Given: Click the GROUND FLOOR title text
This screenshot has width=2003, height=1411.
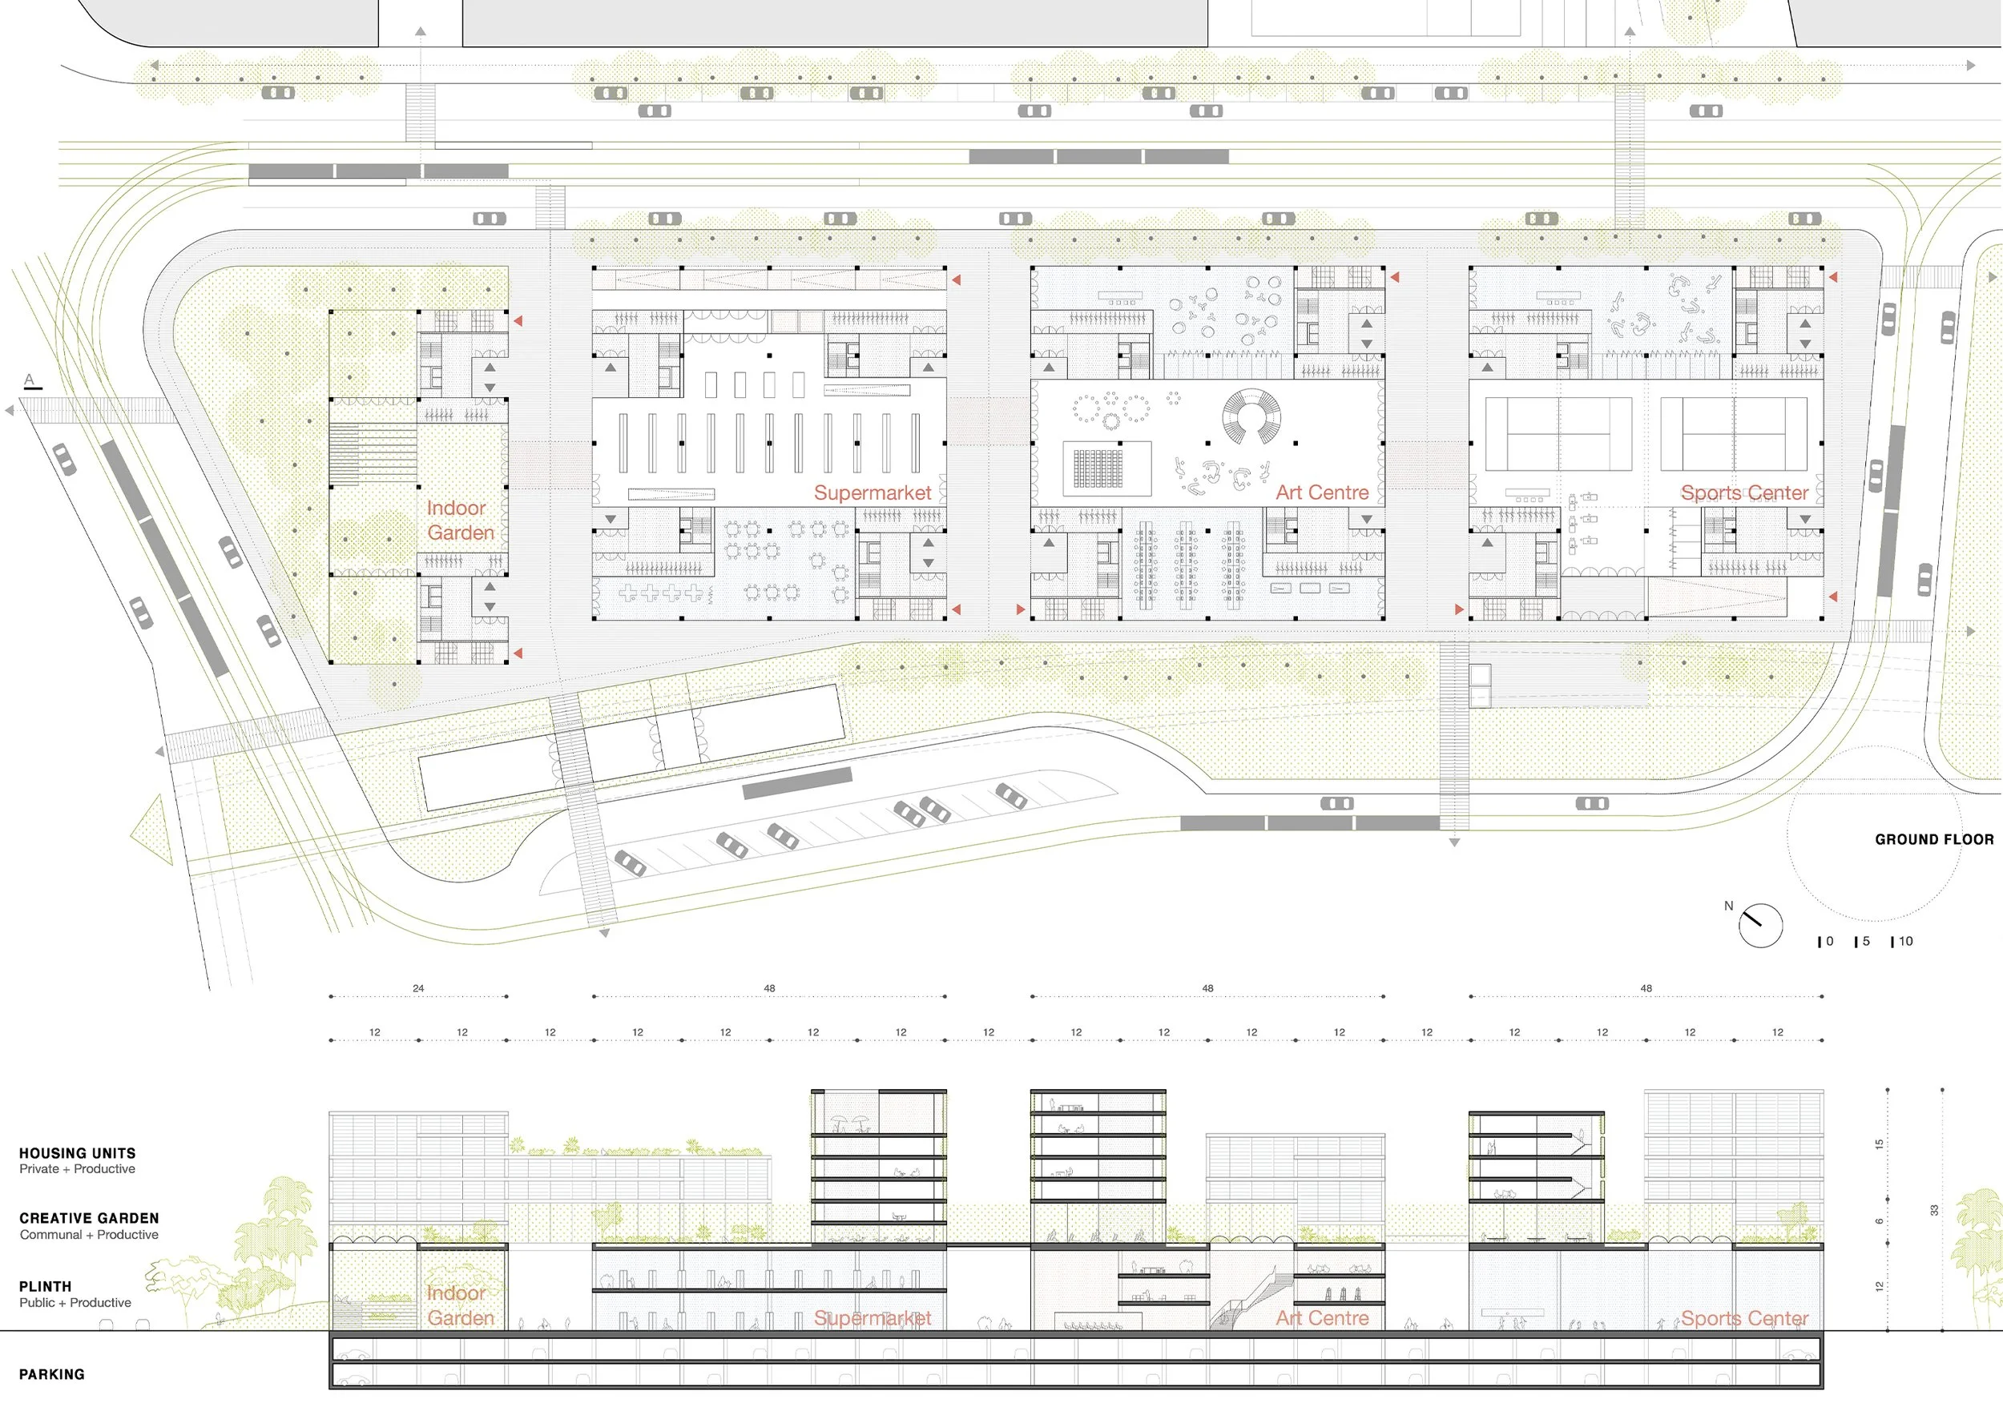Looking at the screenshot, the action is [x=1934, y=840].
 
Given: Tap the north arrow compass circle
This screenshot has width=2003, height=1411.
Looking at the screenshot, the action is [x=1759, y=925].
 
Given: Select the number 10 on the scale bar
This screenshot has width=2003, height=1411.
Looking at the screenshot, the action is [x=1905, y=942].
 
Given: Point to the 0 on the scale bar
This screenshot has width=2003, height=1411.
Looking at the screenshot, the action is [x=1829, y=942].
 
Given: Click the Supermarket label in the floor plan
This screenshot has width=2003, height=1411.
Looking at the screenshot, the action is [x=873, y=492].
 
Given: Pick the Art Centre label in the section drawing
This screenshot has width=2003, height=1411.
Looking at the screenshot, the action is [x=1322, y=1319].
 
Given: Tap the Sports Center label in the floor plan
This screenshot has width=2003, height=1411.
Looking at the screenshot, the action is [x=1744, y=492].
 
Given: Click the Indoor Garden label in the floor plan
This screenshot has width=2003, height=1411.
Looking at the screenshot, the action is [x=460, y=520].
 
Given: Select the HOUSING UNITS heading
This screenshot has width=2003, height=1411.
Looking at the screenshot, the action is [x=78, y=1153].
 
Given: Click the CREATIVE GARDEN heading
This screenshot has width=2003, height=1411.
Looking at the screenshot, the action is [x=89, y=1218].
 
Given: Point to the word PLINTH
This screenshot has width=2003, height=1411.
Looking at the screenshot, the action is [x=46, y=1286].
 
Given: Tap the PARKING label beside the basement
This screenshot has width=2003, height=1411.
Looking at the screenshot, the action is [x=51, y=1374].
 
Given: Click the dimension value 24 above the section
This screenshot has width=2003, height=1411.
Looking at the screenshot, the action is [x=419, y=988].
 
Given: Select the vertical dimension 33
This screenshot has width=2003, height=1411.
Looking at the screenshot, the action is [x=1934, y=1211].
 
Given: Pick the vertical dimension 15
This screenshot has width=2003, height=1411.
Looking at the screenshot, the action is [x=1879, y=1144].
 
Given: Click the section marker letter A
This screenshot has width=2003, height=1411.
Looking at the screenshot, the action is [x=29, y=380].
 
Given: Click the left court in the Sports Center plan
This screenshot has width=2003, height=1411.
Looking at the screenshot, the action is [x=1558, y=433].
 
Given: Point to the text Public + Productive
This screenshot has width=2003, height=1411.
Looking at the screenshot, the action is [x=75, y=1303].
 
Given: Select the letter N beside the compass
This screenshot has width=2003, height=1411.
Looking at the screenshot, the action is [x=1728, y=906].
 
